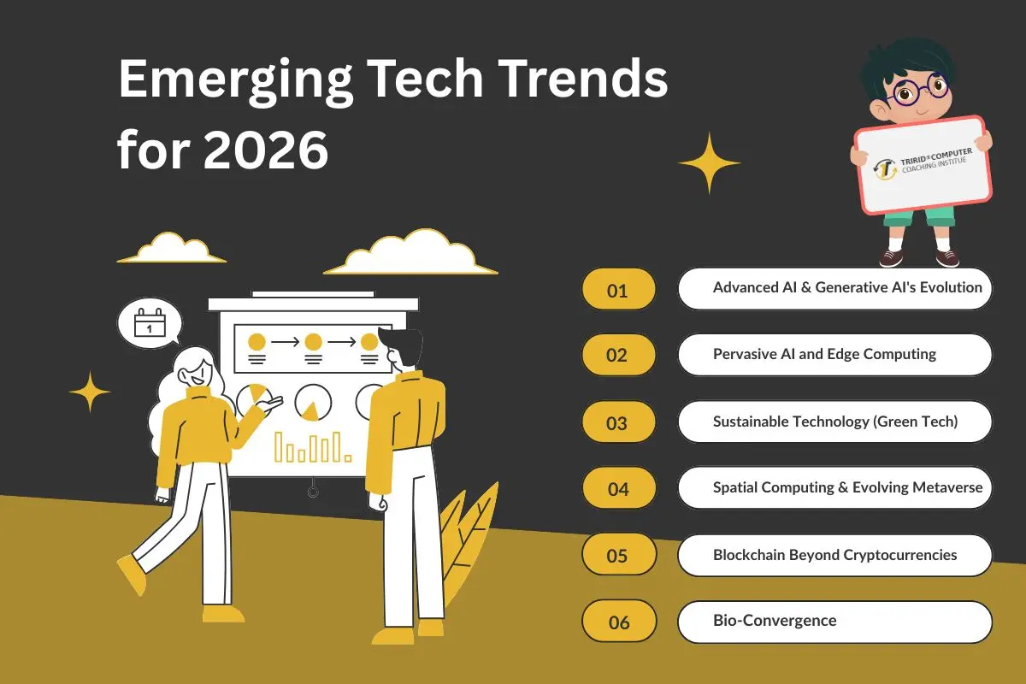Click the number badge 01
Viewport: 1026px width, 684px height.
click(618, 290)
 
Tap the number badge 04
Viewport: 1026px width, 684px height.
click(618, 489)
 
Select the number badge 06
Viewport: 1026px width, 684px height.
click(618, 622)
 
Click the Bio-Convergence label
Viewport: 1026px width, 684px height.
click(775, 620)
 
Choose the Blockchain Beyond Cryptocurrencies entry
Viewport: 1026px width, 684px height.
click(834, 555)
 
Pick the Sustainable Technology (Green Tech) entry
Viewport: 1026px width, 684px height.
click(834, 422)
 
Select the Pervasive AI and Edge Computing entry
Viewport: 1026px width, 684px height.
click(824, 354)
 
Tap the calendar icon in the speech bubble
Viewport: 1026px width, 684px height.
click(150, 324)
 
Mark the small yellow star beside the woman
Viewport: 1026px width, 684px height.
click(90, 392)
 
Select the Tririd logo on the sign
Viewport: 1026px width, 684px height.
click(885, 168)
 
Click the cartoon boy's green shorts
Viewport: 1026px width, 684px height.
click(919, 217)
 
